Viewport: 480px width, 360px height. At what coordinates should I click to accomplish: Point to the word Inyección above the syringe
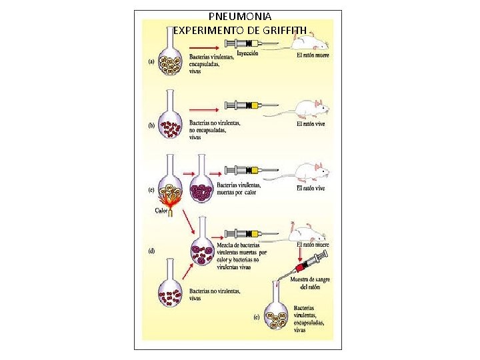245,53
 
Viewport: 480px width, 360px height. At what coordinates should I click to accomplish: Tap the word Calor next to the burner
161,211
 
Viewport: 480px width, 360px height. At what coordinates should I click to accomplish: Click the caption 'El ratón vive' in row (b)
311,124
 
